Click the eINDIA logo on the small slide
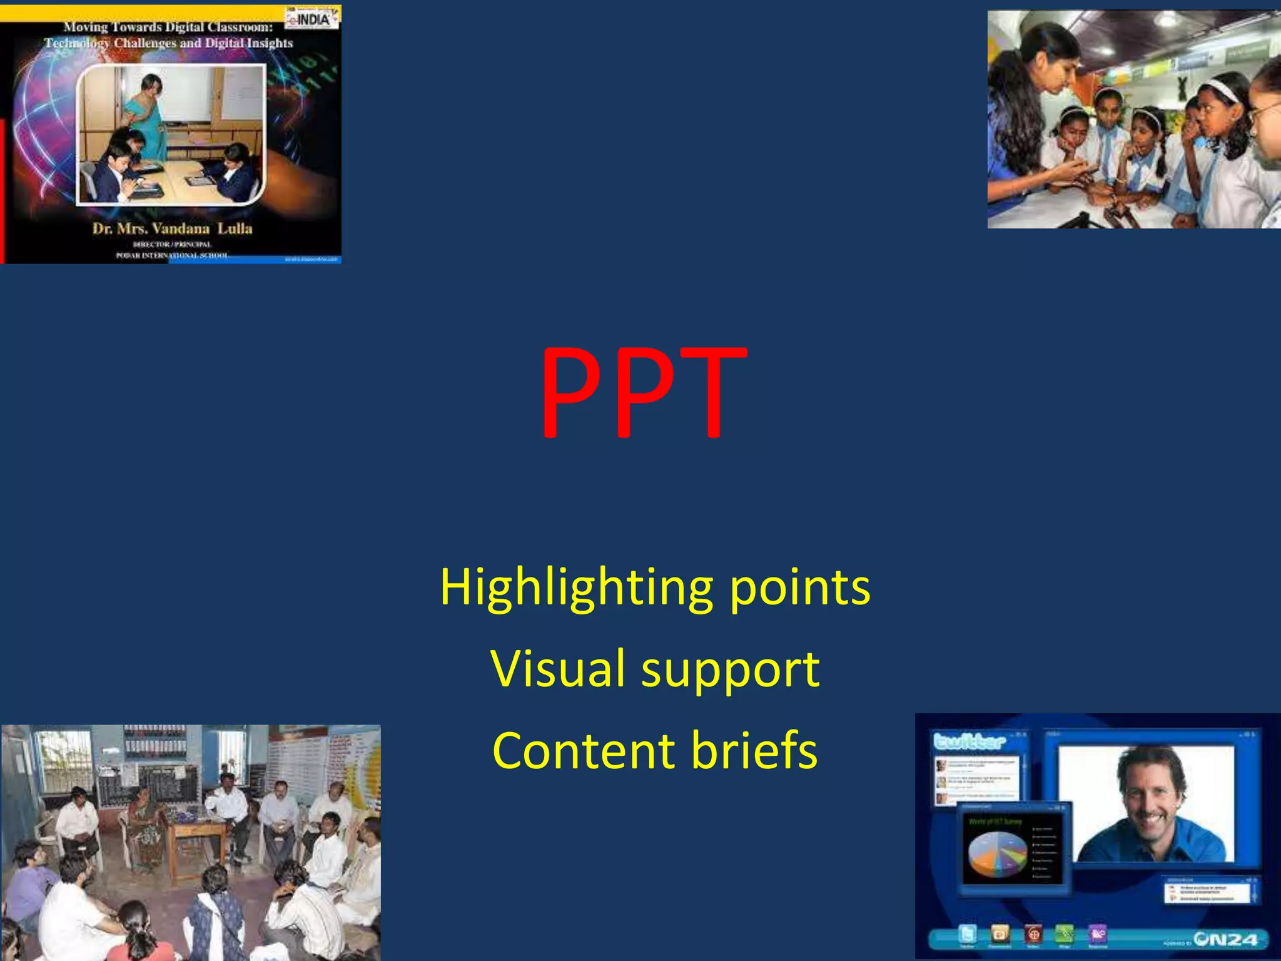pos(311,18)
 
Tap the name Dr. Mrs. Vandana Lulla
pos(172,228)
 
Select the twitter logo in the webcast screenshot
pos(969,742)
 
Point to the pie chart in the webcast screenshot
pos(997,855)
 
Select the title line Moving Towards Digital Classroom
pos(168,27)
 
